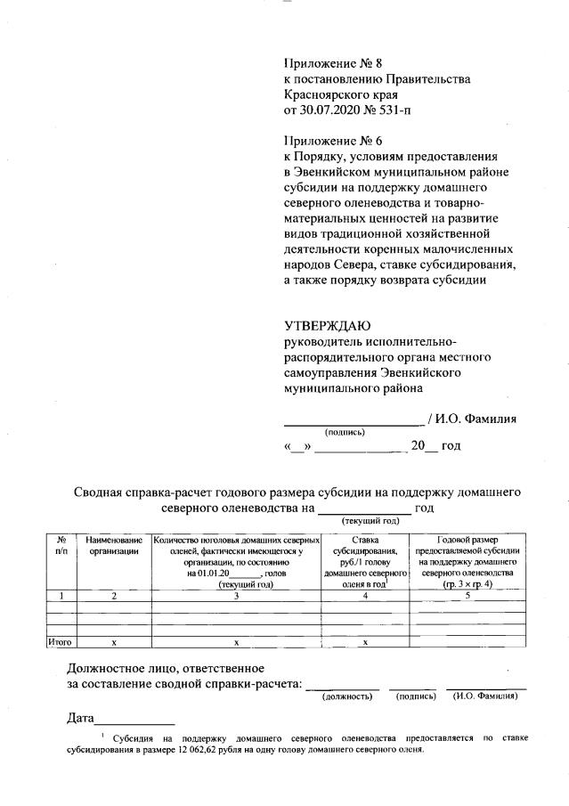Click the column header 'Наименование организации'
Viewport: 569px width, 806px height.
point(114,546)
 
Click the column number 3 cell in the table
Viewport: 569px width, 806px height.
point(236,596)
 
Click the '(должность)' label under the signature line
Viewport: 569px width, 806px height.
point(346,696)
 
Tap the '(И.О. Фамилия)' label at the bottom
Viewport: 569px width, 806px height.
point(485,696)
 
